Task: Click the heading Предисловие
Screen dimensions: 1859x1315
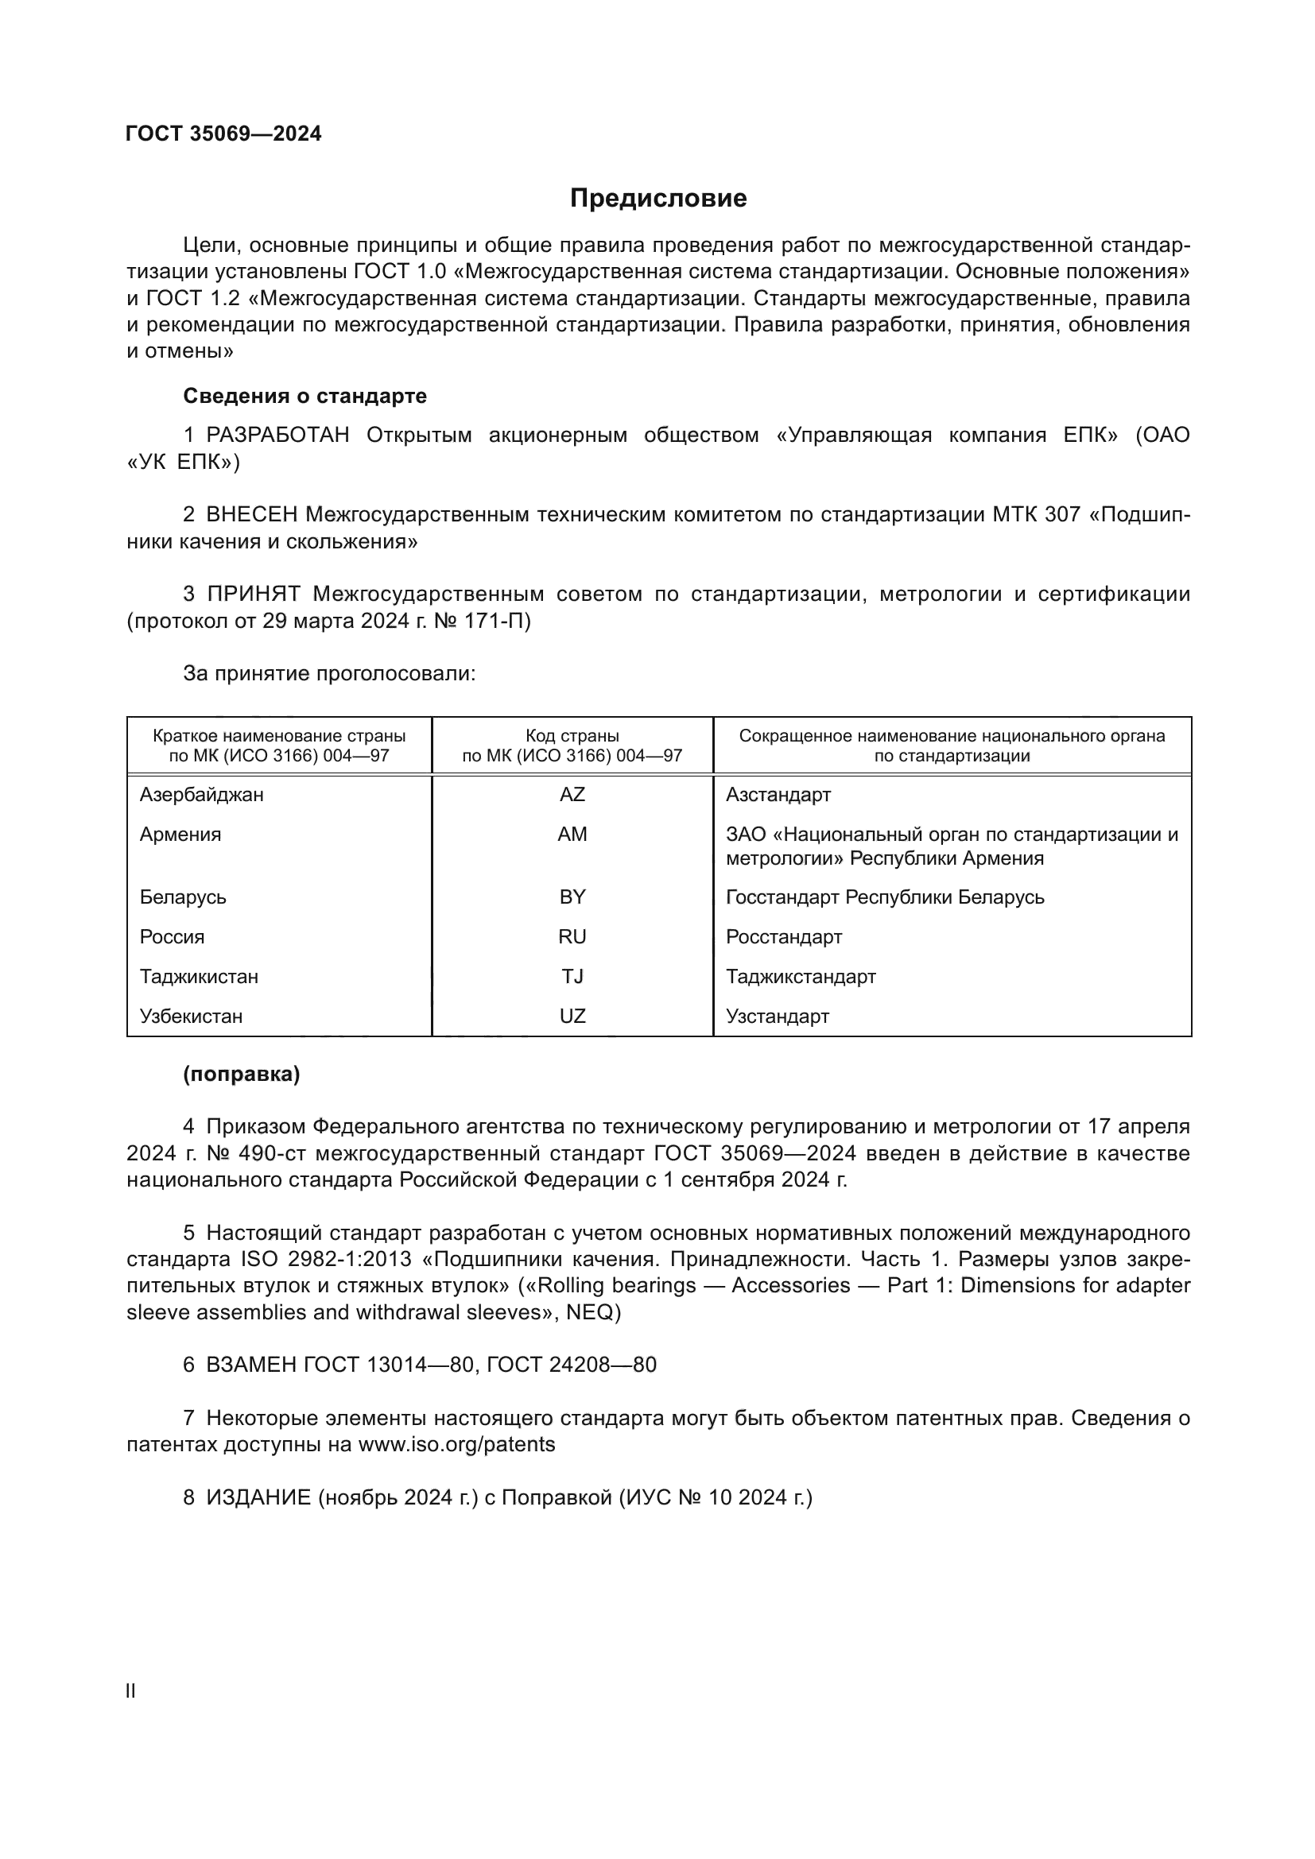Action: pyautogui.click(x=657, y=199)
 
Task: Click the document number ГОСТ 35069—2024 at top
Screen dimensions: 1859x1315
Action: pyautogui.click(x=223, y=134)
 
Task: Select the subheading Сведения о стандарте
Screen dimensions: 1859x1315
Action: pyautogui.click(x=305, y=396)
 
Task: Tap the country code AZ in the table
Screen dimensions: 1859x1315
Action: pyautogui.click(x=572, y=794)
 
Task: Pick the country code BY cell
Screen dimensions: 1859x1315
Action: pyautogui.click(x=572, y=897)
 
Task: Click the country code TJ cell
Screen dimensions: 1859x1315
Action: pyautogui.click(x=572, y=977)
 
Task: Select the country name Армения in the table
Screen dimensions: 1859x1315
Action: pyautogui.click(x=180, y=834)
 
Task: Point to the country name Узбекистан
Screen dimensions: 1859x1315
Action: pyautogui.click(x=191, y=1017)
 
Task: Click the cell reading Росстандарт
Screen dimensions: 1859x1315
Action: pyautogui.click(x=784, y=937)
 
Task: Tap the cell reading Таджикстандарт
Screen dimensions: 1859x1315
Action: pyautogui.click(x=801, y=977)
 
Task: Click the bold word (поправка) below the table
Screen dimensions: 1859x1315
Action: pyautogui.click(x=242, y=1075)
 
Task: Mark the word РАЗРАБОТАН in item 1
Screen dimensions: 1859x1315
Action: pyautogui.click(x=277, y=436)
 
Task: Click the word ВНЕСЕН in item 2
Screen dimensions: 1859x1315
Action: pyautogui.click(x=252, y=515)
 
